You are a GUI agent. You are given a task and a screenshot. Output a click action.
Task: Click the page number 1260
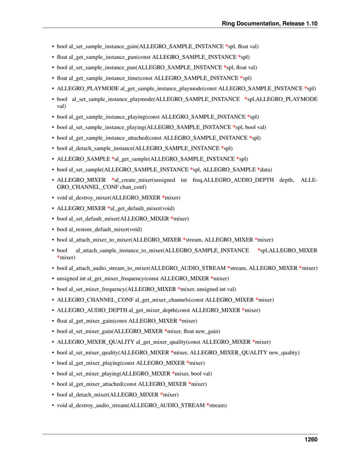click(x=309, y=439)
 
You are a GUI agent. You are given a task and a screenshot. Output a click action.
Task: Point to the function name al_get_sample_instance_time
click(x=104, y=78)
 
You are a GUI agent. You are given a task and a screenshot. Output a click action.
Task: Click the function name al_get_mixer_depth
click(x=153, y=310)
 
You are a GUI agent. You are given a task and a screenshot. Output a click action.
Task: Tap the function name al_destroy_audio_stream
click(x=98, y=405)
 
